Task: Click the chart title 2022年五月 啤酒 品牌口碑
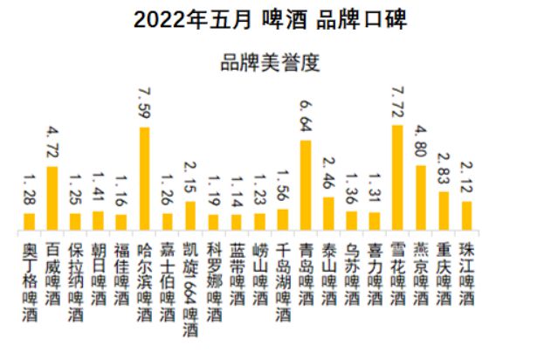[271, 20]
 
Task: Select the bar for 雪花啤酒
[397, 178]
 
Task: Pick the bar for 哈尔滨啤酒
[144, 179]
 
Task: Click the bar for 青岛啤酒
[306, 186]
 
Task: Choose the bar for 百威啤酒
[52, 198]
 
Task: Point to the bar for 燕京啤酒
[420, 198]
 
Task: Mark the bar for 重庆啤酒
[444, 211]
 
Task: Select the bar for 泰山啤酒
[328, 214]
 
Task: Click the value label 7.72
[398, 105]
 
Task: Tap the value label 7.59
[144, 107]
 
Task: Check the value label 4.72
[52, 145]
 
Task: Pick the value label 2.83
[444, 170]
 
